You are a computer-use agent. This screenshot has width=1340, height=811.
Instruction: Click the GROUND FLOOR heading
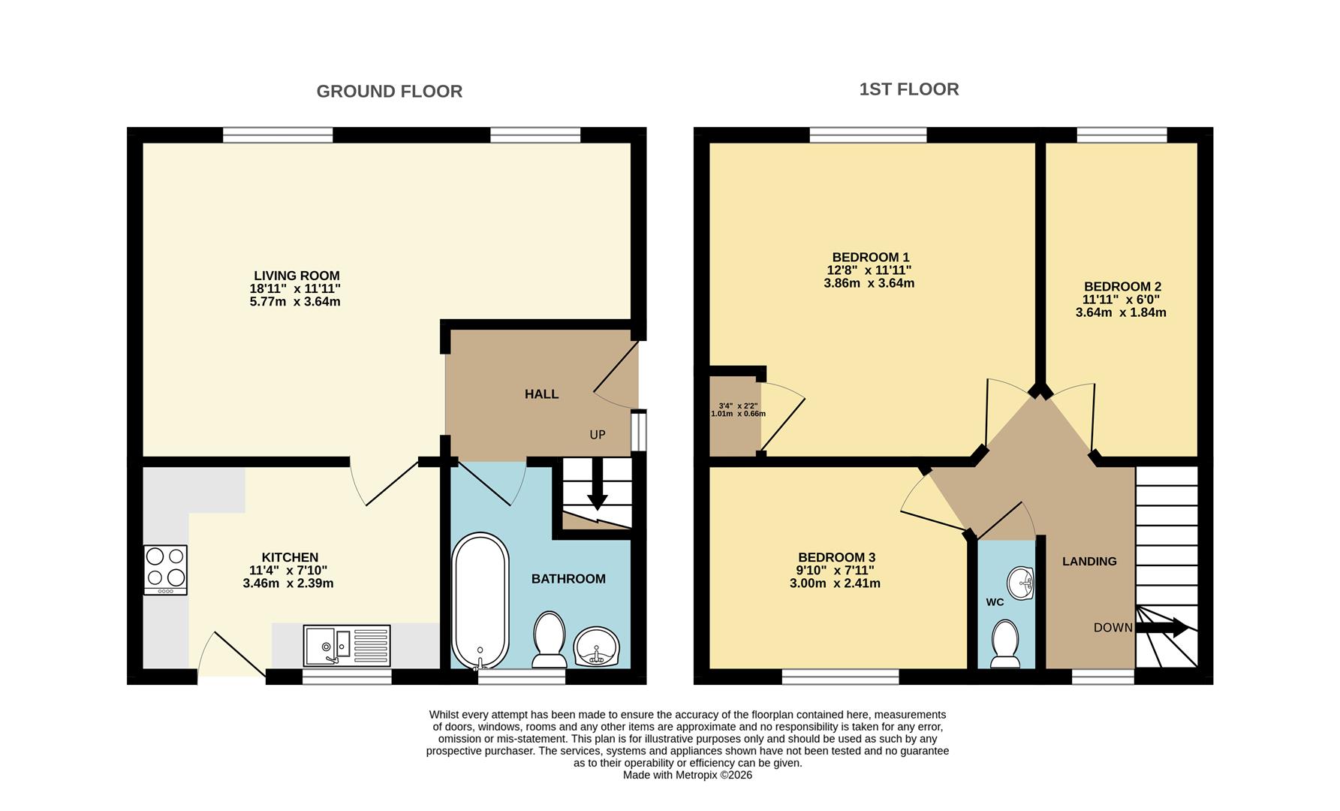pyautogui.click(x=389, y=92)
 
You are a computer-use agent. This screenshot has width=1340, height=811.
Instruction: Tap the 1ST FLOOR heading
pyautogui.click(x=908, y=89)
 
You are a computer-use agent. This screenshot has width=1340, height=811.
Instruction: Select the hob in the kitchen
pyautogui.click(x=165, y=569)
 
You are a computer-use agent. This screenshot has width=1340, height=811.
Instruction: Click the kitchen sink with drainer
pyautogui.click(x=347, y=645)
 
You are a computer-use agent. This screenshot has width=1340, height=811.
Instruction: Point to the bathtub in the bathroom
pyautogui.click(x=480, y=601)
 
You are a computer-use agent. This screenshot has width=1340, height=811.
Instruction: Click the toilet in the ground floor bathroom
pyautogui.click(x=549, y=639)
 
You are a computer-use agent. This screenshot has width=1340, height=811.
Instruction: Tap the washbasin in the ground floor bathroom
pyautogui.click(x=597, y=647)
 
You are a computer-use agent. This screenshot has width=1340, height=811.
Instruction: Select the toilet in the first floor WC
pyautogui.click(x=1004, y=644)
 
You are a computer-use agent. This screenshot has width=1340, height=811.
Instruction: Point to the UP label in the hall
pyautogui.click(x=598, y=435)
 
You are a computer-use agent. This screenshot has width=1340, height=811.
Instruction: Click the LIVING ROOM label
pyautogui.click(x=297, y=276)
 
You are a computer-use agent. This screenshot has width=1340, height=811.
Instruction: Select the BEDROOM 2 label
pyautogui.click(x=1122, y=286)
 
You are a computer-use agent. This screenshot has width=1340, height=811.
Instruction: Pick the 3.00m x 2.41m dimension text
pyautogui.click(x=835, y=583)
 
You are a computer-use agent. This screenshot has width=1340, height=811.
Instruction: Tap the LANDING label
pyautogui.click(x=1089, y=561)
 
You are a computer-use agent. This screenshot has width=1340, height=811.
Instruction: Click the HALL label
pyautogui.click(x=541, y=394)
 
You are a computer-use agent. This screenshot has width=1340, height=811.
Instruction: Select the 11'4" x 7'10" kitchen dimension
pyautogui.click(x=289, y=570)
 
